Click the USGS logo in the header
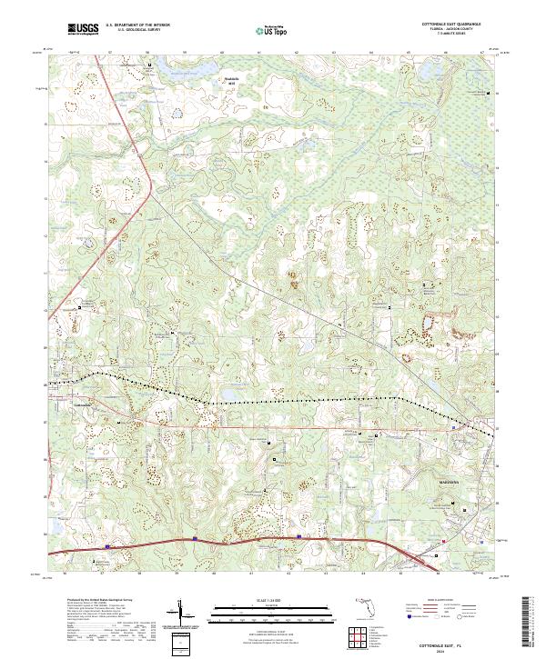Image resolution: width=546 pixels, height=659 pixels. pyautogui.click(x=83, y=30)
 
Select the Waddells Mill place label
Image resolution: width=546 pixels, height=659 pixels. pyautogui.click(x=235, y=81)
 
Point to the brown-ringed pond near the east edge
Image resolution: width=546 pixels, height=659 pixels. pyautogui.click(x=427, y=325)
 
